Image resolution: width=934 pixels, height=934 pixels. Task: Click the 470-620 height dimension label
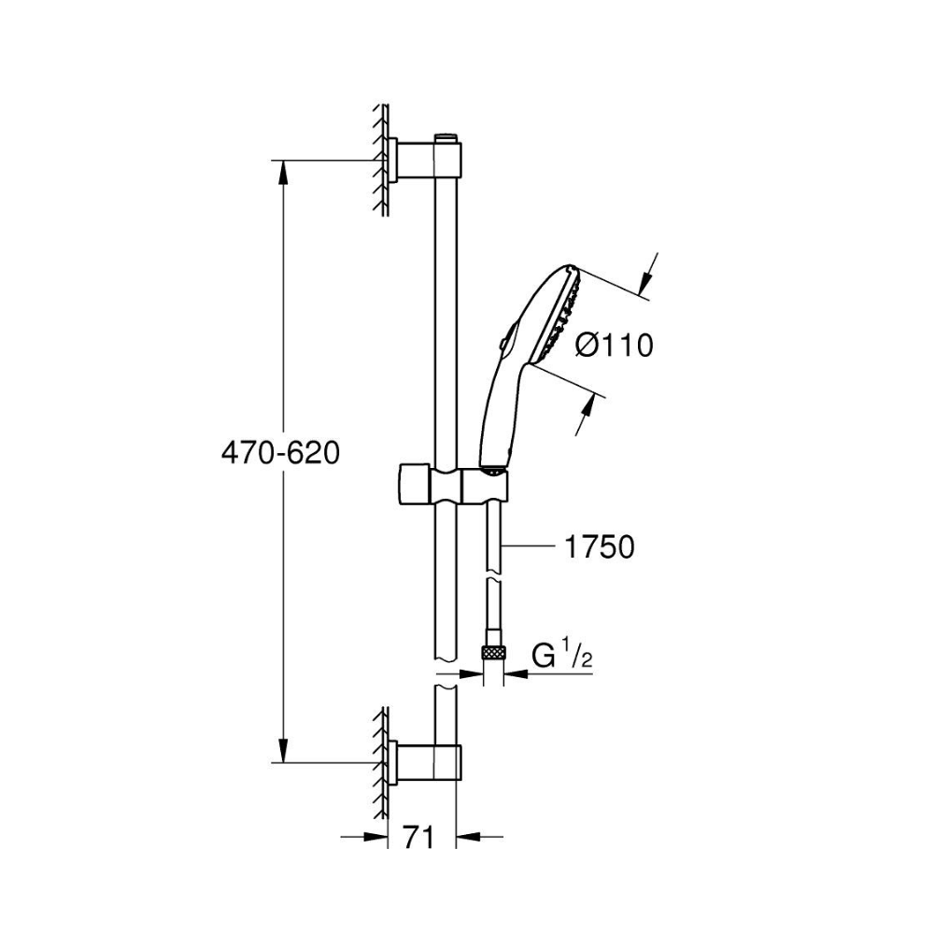pyautogui.click(x=280, y=453)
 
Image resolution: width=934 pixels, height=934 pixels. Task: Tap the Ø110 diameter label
pyautogui.click(x=615, y=345)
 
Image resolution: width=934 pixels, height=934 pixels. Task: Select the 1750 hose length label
pyautogui.click(x=599, y=546)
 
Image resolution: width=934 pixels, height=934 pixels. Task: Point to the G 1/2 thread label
pyautogui.click(x=562, y=656)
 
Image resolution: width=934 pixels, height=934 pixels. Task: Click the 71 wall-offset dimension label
pyautogui.click(x=418, y=838)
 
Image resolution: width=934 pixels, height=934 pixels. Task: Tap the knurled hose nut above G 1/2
pyautogui.click(x=493, y=651)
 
